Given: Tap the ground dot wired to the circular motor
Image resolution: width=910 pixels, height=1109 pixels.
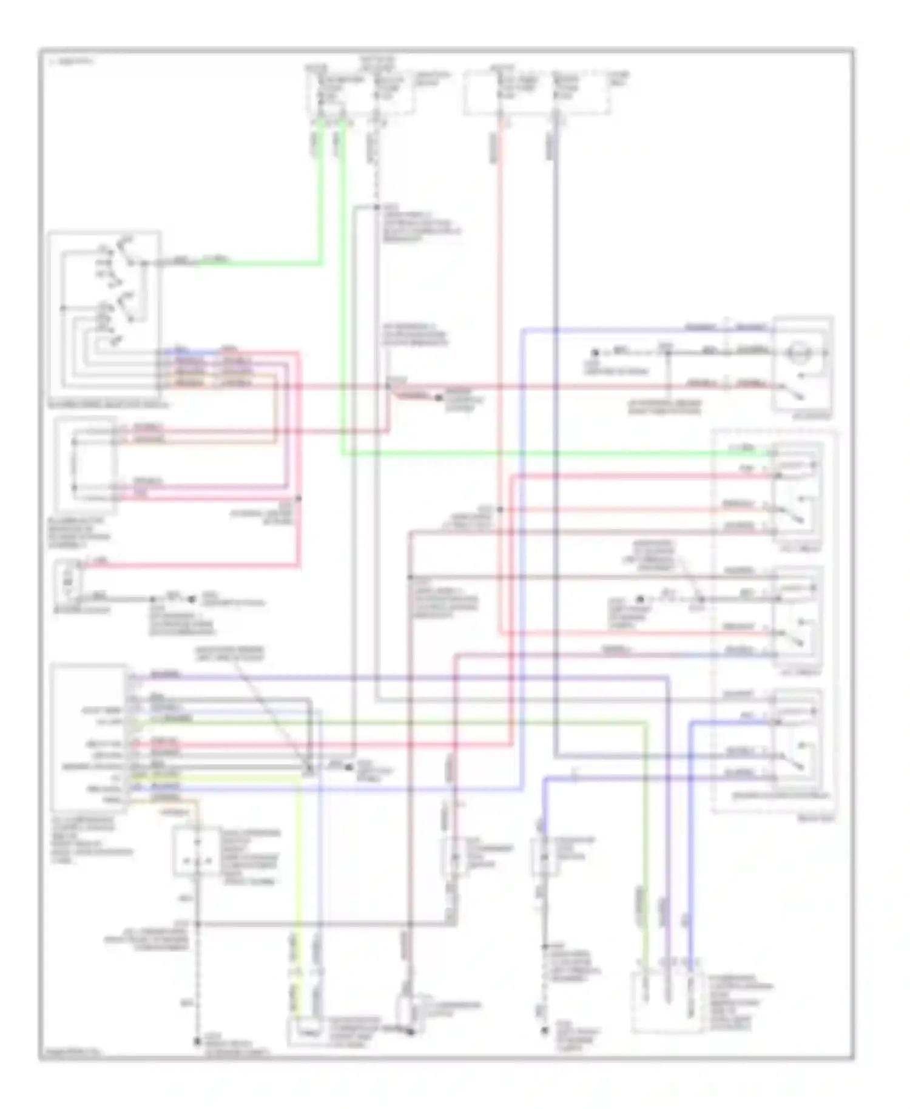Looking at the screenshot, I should tap(595, 352).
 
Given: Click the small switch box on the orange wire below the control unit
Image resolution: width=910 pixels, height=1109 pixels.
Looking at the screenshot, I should tap(196, 851).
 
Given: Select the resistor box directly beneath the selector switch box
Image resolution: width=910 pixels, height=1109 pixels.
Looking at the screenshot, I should tap(86, 464).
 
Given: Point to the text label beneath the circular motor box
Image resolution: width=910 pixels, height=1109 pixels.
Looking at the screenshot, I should tap(812, 416).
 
